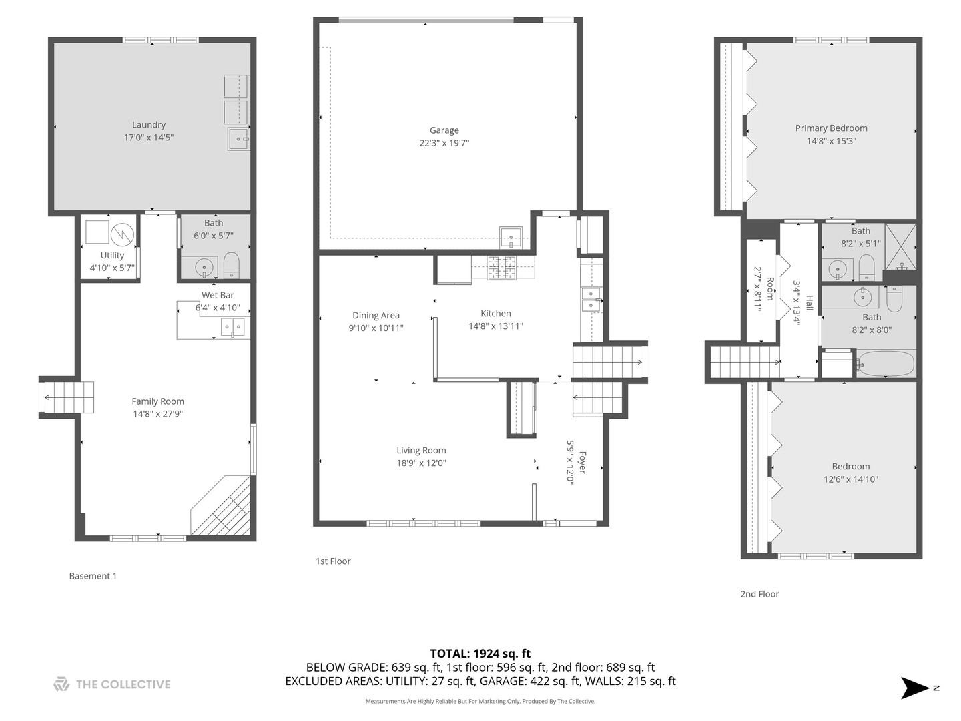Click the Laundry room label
tap(148, 125)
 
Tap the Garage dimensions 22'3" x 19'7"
tap(444, 143)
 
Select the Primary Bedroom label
tap(831, 128)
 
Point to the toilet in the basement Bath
tap(232, 265)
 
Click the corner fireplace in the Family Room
tap(223, 507)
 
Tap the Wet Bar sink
tap(233, 326)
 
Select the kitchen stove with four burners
tap(501, 267)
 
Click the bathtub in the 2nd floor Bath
tap(885, 364)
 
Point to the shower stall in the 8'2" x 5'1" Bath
tap(900, 246)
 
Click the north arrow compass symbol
tap(915, 688)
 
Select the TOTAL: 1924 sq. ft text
tap(480, 654)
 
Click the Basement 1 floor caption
tap(93, 576)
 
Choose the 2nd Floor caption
tap(759, 594)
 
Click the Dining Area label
tap(376, 316)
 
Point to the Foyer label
tap(583, 462)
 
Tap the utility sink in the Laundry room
tap(238, 139)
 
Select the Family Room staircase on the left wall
tap(67, 397)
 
